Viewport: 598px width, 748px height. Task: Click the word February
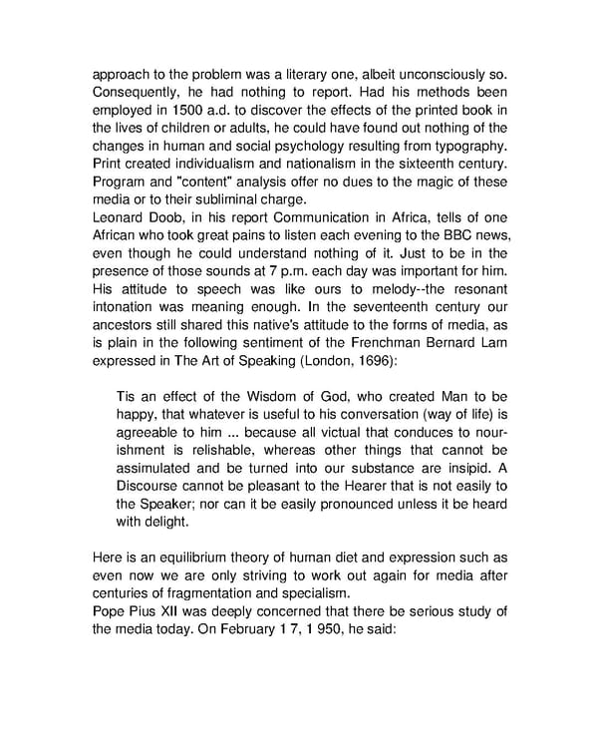pyautogui.click(x=281, y=630)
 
